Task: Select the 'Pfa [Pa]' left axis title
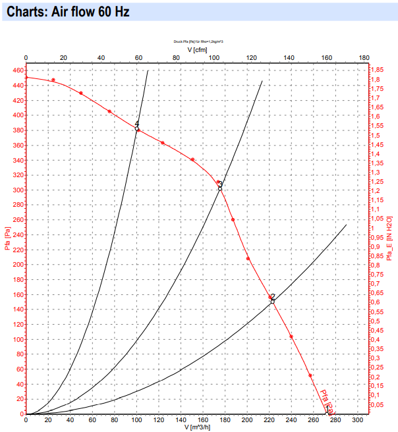8,239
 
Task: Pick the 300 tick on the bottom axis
357,419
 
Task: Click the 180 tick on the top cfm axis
364,58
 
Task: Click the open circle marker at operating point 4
137,129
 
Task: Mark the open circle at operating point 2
273,301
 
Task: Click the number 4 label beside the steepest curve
137,124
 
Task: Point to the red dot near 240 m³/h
291,337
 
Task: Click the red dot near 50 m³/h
81,93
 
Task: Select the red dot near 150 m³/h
192,159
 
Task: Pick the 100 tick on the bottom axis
136,419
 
